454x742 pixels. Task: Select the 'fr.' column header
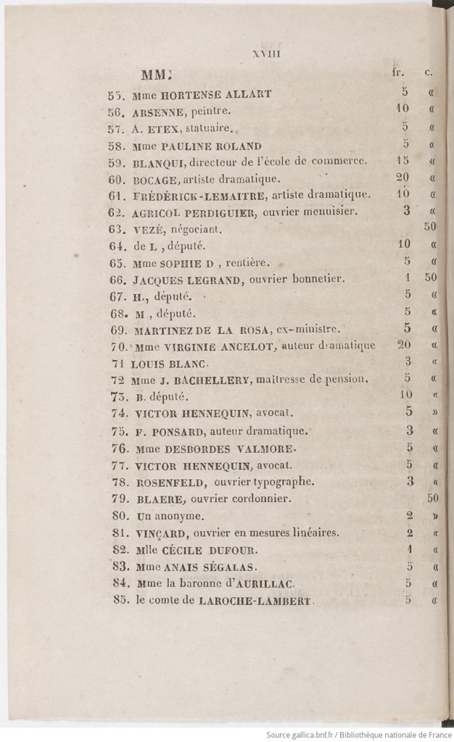(397, 72)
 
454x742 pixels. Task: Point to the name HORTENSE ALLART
(201, 94)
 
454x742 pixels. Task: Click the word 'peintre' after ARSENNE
(210, 112)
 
